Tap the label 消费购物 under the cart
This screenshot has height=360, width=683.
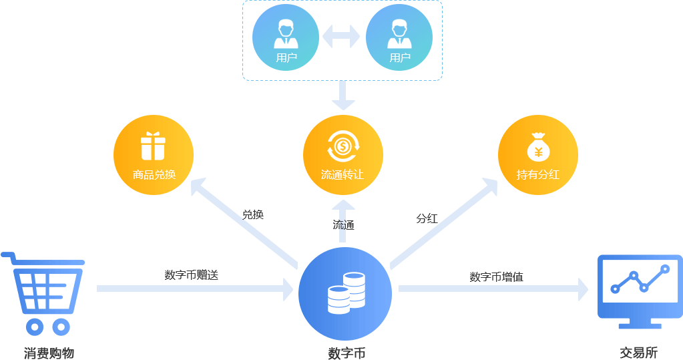pyautogui.click(x=49, y=353)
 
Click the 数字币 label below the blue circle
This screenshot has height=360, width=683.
pyautogui.click(x=346, y=353)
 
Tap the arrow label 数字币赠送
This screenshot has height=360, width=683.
pyautogui.click(x=192, y=275)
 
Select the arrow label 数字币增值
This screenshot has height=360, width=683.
pyautogui.click(x=496, y=277)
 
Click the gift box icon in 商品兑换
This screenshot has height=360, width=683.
pyautogui.click(x=153, y=146)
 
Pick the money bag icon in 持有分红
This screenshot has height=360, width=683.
pyautogui.click(x=538, y=146)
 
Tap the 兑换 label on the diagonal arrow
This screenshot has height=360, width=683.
pyautogui.click(x=253, y=215)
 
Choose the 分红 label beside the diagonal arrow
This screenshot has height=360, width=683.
pyautogui.click(x=427, y=218)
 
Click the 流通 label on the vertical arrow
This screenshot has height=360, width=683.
pyautogui.click(x=343, y=225)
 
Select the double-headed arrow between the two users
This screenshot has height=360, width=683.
pyautogui.click(x=342, y=37)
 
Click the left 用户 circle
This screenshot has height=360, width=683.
pyautogui.click(x=286, y=37)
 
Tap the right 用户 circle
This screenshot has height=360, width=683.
pyautogui.click(x=399, y=37)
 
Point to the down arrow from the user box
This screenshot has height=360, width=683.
pyautogui.click(x=343, y=96)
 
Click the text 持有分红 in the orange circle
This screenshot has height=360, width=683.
pyautogui.click(x=537, y=175)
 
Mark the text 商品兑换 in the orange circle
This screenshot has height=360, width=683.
pyautogui.click(x=154, y=175)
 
